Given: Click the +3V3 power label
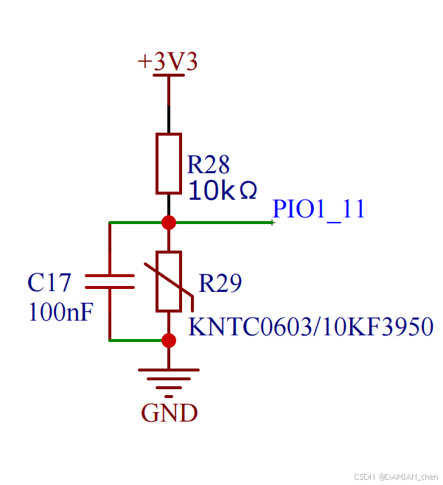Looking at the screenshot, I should click(x=168, y=62).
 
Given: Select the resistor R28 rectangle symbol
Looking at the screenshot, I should click(x=169, y=163).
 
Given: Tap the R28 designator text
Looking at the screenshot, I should click(x=209, y=164).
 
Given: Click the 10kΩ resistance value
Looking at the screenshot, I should click(x=223, y=191).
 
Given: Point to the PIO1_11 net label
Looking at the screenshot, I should click(x=318, y=209).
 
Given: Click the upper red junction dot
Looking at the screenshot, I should click(x=169, y=222).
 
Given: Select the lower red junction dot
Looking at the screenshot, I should click(x=169, y=340).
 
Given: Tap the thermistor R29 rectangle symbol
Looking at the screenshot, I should click(x=169, y=281).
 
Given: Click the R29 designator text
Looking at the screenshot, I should click(x=220, y=284).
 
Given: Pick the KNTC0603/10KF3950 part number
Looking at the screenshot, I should click(x=310, y=326).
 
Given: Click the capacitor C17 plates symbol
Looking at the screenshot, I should click(x=111, y=282).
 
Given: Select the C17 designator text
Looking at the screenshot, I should click(x=49, y=282).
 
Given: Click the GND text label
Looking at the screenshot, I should click(x=170, y=413).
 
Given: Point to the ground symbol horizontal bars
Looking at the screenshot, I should click(x=169, y=377).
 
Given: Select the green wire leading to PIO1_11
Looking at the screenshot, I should click(x=221, y=222).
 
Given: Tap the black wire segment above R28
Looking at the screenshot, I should click(x=169, y=118).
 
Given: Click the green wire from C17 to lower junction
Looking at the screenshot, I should click(x=136, y=340).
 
